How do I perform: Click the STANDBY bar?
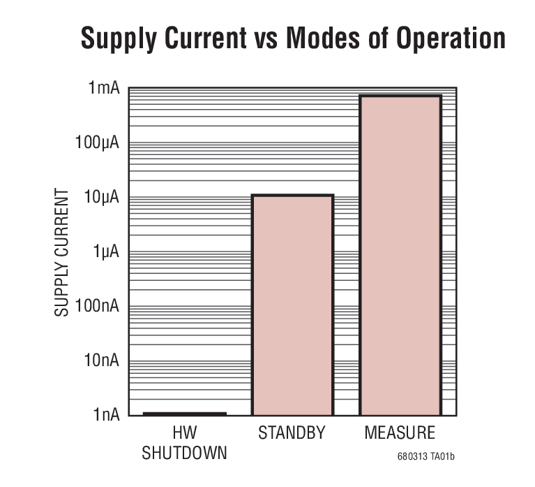click(x=292, y=305)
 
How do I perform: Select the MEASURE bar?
click(x=400, y=254)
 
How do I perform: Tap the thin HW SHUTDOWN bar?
click(x=185, y=414)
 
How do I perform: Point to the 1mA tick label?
click(x=103, y=89)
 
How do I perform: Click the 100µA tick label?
click(x=98, y=143)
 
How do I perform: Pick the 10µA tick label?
click(x=101, y=198)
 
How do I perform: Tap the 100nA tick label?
click(x=98, y=306)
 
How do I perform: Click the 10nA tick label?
click(x=102, y=361)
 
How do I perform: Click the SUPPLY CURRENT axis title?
click(x=62, y=252)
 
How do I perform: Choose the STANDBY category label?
click(x=292, y=433)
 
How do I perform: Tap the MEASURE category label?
click(x=400, y=433)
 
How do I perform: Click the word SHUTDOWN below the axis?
click(x=184, y=453)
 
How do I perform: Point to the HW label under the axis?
click(x=184, y=433)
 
